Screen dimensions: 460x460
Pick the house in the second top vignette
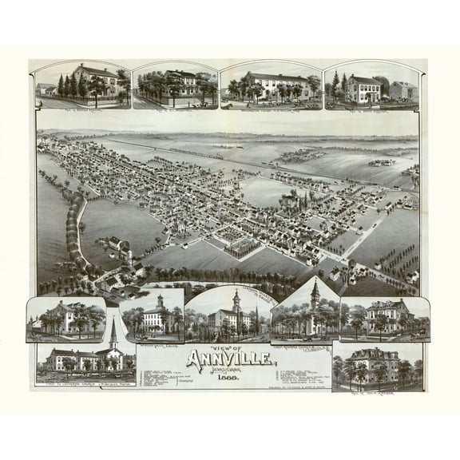click(x=180, y=83)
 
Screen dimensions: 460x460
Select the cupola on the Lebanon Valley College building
click(x=159, y=303)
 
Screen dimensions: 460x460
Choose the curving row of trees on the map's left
click(x=73, y=232)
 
